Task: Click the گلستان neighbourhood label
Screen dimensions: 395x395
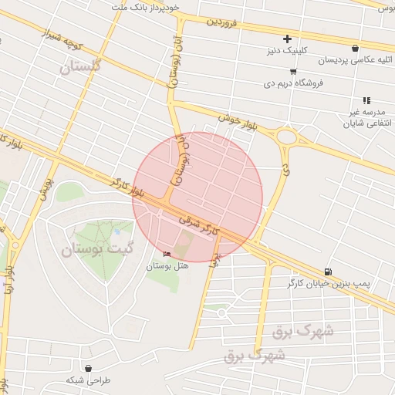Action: click(81, 68)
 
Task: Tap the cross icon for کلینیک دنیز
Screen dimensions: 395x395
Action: click(287, 39)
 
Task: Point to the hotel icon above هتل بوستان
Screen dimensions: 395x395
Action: click(167, 255)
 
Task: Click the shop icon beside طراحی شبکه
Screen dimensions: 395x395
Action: click(90, 369)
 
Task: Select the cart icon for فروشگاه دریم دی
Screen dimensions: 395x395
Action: click(292, 71)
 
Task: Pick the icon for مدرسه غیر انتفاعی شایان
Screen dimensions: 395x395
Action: click(366, 100)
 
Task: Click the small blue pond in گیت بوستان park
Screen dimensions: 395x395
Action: click(116, 231)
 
